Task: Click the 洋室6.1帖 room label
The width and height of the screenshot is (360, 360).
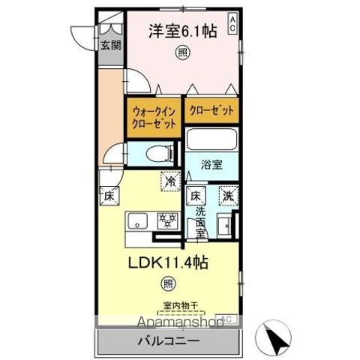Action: [181, 31]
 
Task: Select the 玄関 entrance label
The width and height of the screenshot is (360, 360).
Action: [110, 45]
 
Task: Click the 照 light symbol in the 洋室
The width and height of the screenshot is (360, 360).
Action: [181, 52]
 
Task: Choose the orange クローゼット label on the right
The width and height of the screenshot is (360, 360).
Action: [212, 110]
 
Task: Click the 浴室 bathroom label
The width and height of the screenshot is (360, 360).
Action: [211, 164]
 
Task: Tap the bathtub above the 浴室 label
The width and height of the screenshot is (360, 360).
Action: [211, 140]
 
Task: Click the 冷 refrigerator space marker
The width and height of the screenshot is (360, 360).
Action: [171, 181]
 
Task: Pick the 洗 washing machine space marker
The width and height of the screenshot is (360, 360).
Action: [227, 195]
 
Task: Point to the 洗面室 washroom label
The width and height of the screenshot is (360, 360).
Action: [200, 221]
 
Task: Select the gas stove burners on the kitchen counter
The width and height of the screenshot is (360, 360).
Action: [166, 220]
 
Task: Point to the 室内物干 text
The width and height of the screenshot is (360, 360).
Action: [178, 305]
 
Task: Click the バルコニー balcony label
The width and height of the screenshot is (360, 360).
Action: [167, 342]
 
